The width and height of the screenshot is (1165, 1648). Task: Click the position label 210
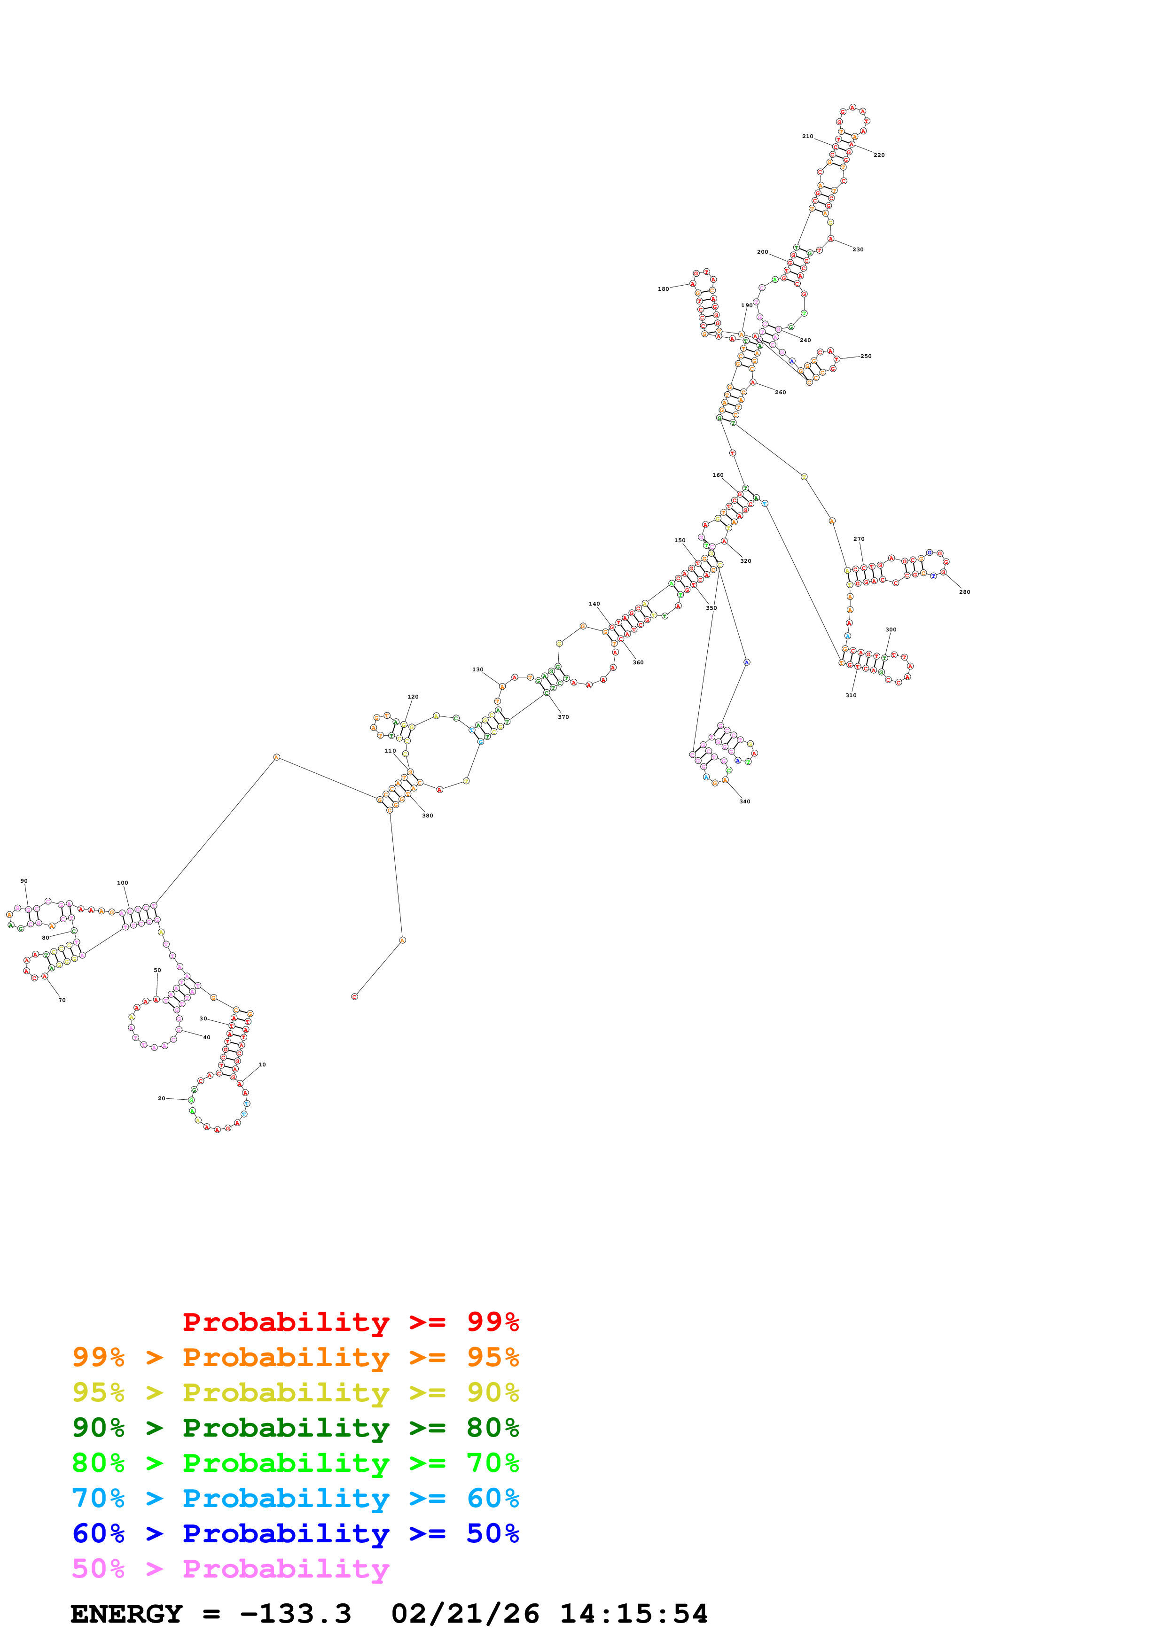coord(807,136)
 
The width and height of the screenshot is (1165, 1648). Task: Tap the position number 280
coord(965,592)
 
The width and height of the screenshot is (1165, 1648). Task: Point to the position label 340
coord(745,802)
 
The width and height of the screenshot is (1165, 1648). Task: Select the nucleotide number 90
coord(23,881)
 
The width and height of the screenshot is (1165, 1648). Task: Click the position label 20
coord(162,1098)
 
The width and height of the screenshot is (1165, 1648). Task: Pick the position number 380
coord(428,816)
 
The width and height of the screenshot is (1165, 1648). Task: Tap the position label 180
coord(663,289)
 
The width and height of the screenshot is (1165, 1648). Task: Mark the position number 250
coord(867,356)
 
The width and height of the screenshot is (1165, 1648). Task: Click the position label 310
coord(851,696)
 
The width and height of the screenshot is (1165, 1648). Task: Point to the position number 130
coord(477,670)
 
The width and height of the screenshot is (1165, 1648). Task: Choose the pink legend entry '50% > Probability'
coord(230,1569)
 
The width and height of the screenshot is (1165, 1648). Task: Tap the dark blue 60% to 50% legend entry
coord(295,1534)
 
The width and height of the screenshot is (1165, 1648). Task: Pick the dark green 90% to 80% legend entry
coord(295,1428)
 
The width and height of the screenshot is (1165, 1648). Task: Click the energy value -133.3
coord(295,1614)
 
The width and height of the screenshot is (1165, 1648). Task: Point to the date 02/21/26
coord(465,1614)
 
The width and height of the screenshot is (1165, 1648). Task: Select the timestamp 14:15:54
coord(634,1614)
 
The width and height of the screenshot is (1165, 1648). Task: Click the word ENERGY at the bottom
coord(126,1614)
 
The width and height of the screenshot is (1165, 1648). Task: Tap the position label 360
coord(638,662)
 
